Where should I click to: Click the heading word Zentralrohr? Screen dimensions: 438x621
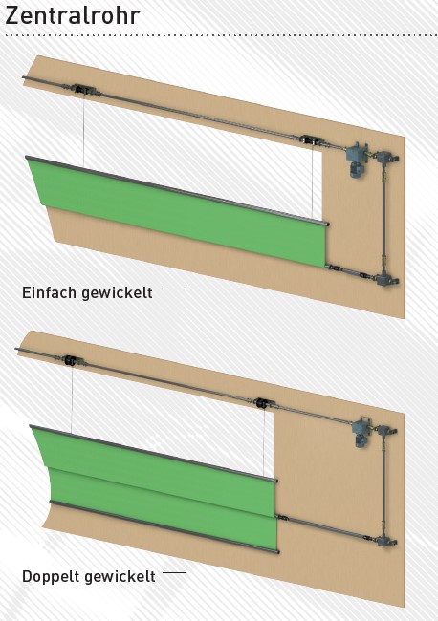[x=73, y=16]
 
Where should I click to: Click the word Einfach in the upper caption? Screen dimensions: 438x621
[x=49, y=292]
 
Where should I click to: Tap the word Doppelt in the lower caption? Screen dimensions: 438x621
[x=51, y=577]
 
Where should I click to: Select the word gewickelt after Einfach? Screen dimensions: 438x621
[x=117, y=293]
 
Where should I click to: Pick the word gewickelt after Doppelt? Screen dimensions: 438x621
[x=120, y=577]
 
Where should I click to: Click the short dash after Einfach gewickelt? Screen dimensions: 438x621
[x=174, y=289]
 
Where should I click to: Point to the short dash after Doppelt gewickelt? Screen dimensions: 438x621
[x=174, y=572]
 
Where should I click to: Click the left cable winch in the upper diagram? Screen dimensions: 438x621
[x=83, y=90]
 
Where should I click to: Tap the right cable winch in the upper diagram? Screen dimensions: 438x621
[x=312, y=140]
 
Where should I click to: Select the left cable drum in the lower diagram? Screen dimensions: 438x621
[x=72, y=361]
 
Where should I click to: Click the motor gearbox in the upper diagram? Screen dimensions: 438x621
[x=357, y=160]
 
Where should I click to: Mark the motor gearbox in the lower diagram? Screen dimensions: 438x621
[x=361, y=431]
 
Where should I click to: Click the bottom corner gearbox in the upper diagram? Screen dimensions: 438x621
[x=386, y=280]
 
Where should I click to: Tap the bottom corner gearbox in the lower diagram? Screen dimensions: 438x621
[x=385, y=541]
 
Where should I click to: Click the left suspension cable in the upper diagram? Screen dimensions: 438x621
[x=83, y=130]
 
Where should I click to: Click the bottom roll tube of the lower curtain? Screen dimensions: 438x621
[x=164, y=526]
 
